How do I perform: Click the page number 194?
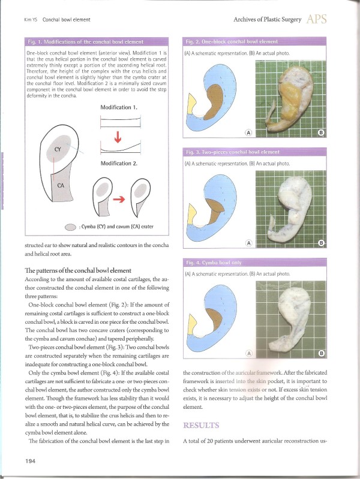32,460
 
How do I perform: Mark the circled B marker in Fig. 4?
320,353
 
